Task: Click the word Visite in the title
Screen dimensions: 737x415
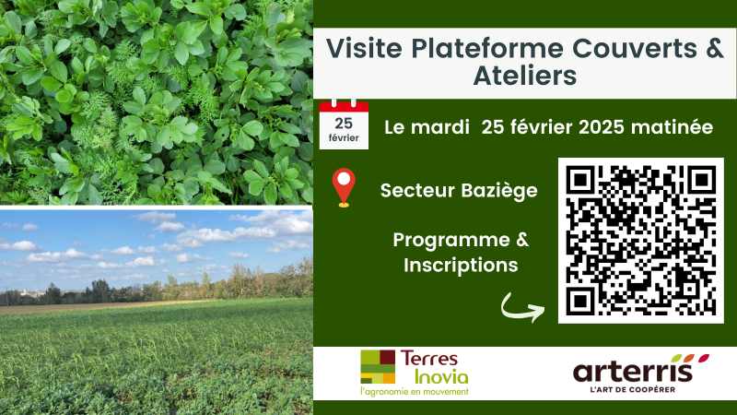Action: [364, 48]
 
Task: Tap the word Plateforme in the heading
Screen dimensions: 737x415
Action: [487, 48]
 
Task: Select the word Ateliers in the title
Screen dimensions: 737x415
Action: [524, 76]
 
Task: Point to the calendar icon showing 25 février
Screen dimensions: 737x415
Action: [344, 125]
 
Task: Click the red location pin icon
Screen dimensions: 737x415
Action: [344, 187]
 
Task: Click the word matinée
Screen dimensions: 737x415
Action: [673, 127]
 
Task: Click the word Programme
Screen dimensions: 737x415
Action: [451, 240]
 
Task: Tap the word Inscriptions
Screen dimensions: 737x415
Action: [461, 265]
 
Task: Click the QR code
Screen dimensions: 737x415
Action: [640, 241]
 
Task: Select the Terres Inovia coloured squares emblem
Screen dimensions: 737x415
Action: [378, 366]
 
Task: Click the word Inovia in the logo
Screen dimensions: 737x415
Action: [441, 376]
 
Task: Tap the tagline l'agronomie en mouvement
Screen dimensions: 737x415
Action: [415, 391]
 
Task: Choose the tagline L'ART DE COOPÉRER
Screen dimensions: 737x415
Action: [633, 389]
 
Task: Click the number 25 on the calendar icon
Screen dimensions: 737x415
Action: [344, 124]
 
